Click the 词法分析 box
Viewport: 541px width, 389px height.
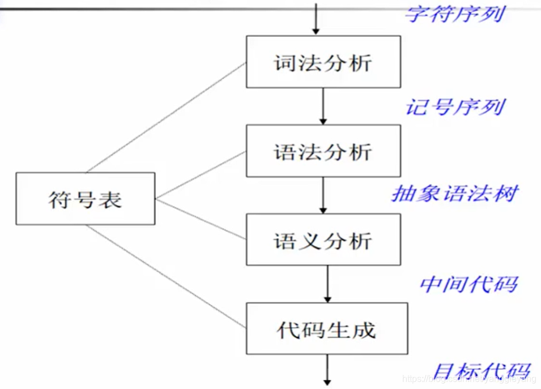pos(323,62)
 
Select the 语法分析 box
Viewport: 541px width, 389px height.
pos(323,151)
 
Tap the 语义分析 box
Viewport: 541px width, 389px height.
pos(323,240)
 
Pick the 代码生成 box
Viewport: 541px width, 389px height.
pos(327,328)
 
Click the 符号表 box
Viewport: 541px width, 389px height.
pos(86,198)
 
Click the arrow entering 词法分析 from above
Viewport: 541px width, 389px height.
pos(316,19)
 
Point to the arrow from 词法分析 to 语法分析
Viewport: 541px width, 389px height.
pos(323,106)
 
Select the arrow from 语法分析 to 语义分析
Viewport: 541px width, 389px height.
pos(323,195)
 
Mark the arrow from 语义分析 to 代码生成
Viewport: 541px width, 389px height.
pos(327,284)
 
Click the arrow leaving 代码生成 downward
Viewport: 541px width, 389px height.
pos(327,371)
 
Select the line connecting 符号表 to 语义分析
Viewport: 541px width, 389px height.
pos(201,218)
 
